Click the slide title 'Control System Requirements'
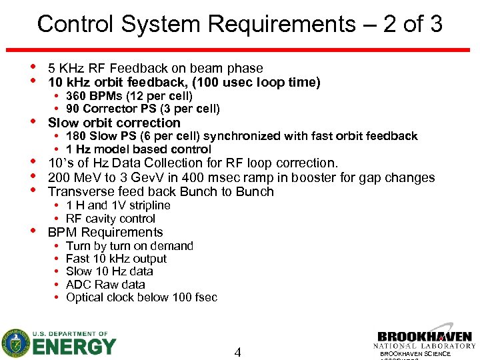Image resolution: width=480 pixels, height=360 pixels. pyautogui.click(x=197, y=24)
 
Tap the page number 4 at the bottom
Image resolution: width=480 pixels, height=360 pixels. pyautogui.click(x=237, y=351)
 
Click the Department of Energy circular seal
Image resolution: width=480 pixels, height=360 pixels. pyautogui.click(x=15, y=343)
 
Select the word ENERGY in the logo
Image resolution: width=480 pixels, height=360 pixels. pyautogui.click(x=73, y=347)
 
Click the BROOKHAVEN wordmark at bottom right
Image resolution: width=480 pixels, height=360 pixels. pyautogui.click(x=424, y=337)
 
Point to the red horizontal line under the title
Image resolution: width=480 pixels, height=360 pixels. pyautogui.click(x=240, y=50)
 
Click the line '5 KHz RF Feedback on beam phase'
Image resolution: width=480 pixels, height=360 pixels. pyautogui.click(x=155, y=68)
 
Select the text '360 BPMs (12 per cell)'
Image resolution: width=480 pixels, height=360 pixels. pyautogui.click(x=129, y=96)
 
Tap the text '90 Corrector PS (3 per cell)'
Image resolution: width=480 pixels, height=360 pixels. pyautogui.click(x=143, y=109)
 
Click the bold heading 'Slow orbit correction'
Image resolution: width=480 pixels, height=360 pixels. pyautogui.click(x=114, y=123)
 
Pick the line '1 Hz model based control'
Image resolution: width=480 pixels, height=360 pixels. pyautogui.click(x=138, y=149)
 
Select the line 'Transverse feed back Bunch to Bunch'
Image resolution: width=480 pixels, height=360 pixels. pyautogui.click(x=161, y=191)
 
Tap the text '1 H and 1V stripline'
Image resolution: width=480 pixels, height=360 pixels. pyautogui.click(x=118, y=205)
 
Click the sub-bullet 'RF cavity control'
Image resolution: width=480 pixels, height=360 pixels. pyautogui.click(x=111, y=218)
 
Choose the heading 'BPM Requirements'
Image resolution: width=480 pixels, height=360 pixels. pyautogui.click(x=105, y=232)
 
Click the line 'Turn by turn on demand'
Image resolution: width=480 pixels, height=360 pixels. pyautogui.click(x=129, y=246)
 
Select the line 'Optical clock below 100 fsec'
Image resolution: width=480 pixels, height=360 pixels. pyautogui.click(x=141, y=297)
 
